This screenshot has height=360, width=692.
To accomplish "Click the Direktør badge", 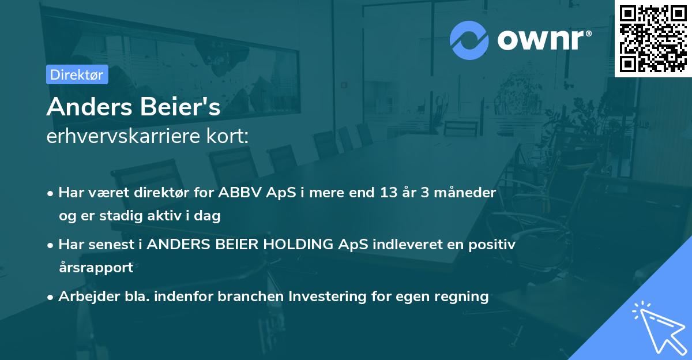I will click(x=77, y=74).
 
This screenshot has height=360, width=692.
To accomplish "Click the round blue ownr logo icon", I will click(x=470, y=40).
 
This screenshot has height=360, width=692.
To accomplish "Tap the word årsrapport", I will click(x=96, y=268).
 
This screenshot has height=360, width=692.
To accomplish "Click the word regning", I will click(x=463, y=297).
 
